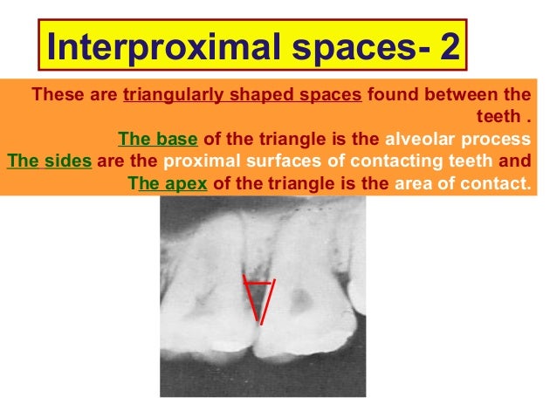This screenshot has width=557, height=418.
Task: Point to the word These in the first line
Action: click(58, 95)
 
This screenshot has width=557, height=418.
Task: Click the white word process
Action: click(495, 140)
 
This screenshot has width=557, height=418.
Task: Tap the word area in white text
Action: click(416, 184)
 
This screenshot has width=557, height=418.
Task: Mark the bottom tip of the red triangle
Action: click(259, 322)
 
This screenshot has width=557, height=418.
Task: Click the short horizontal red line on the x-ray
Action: click(258, 284)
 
